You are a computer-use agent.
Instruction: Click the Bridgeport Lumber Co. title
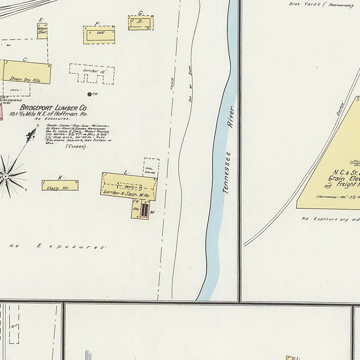point(53,108)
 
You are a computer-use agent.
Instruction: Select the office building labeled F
point(99,35)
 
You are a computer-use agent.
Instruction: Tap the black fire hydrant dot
point(89,94)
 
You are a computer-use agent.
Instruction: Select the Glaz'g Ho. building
point(60,185)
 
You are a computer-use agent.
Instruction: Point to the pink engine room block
point(145,210)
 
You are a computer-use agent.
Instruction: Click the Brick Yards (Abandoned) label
point(321,4)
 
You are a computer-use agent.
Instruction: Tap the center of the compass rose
point(5,176)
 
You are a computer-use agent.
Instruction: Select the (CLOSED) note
point(76,146)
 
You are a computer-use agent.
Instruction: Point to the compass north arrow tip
point(37,127)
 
